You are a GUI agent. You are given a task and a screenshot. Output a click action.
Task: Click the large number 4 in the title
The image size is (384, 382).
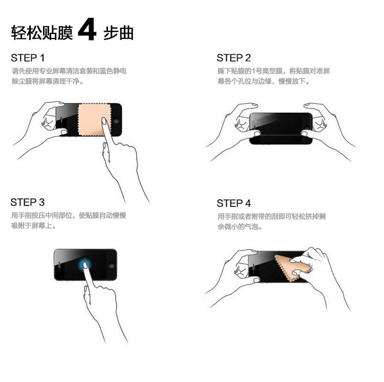click(87, 29)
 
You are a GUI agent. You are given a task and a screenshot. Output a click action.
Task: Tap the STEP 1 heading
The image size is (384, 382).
click(28, 58)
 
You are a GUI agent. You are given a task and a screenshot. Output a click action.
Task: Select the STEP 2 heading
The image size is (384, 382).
click(233, 58)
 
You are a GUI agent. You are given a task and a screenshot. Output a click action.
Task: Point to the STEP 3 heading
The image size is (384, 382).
click(28, 202)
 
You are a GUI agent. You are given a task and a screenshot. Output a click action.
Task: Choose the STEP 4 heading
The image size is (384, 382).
click(233, 203)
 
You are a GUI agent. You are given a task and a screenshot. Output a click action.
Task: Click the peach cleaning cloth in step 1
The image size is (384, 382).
click(94, 119)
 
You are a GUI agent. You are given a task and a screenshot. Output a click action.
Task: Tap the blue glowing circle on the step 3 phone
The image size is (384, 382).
click(84, 265)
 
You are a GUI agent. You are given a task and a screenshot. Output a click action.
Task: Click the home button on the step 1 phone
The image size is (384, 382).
click(116, 120)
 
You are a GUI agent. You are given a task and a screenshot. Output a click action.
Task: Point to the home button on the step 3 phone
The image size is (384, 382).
click(112, 265)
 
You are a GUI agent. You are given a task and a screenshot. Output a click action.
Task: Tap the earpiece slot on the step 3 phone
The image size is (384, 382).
click(59, 265)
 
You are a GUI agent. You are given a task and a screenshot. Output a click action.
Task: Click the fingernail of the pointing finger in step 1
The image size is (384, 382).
click(104, 121)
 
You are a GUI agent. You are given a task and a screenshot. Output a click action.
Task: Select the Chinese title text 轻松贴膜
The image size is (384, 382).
click(42, 33)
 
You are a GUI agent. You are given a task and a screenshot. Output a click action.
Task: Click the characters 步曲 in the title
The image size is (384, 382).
click(119, 33)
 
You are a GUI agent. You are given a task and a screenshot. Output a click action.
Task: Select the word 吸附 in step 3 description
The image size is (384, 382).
click(18, 225)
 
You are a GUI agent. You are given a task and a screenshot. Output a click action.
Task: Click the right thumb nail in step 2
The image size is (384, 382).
click(305, 134)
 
